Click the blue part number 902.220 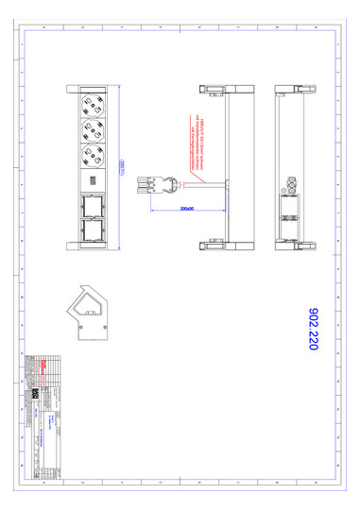314,328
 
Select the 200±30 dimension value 187,208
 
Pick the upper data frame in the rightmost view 290,203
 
